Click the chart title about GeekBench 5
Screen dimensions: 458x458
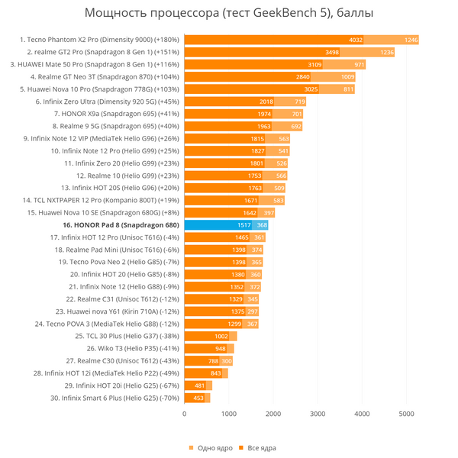[229, 14]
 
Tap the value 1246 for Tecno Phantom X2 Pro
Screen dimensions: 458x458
[411, 40]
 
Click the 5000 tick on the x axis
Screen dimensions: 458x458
[406, 413]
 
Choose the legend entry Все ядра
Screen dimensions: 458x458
[257, 447]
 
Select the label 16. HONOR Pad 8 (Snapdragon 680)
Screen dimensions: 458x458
[121, 225]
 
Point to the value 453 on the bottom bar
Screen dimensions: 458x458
[198, 398]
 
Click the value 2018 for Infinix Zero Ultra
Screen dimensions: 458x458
[266, 102]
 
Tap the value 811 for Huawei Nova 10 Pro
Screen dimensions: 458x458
[348, 89]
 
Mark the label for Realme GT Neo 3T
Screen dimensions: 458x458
[105, 77]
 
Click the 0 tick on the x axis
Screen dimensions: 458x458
[184, 413]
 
